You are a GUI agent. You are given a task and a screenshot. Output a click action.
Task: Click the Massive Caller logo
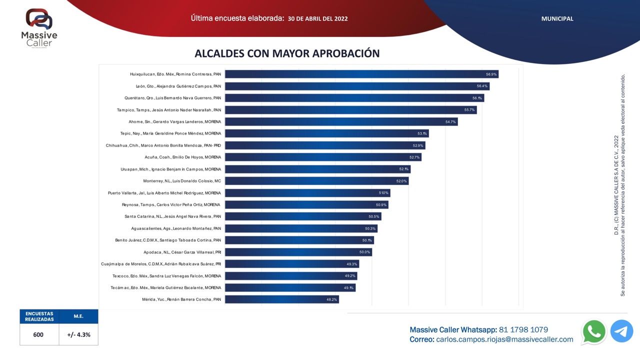39,27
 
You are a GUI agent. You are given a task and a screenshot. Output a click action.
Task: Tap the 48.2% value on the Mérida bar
332,299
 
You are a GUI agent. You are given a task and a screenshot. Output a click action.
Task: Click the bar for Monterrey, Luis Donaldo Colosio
316,181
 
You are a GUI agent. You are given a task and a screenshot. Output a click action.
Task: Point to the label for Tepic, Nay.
170,133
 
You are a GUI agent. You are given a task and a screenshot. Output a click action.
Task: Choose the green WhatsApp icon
594,331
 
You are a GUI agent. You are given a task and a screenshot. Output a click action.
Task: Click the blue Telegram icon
621,331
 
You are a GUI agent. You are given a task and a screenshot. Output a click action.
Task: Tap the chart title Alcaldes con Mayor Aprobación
287,53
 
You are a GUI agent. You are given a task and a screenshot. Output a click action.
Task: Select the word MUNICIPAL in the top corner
557,19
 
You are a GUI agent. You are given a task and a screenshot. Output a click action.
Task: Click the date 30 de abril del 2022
318,19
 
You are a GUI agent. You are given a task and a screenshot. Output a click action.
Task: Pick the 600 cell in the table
38,335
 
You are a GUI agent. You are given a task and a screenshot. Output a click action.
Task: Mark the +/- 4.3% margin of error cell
78,335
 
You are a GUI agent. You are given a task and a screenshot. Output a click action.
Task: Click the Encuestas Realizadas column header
39,316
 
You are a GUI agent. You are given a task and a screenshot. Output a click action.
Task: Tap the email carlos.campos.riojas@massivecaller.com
504,339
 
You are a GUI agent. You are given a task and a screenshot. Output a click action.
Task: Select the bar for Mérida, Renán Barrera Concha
281,299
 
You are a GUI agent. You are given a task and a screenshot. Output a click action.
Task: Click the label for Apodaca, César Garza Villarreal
182,252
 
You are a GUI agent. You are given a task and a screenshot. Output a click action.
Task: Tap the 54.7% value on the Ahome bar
450,121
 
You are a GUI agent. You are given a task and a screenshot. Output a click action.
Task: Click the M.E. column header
78,316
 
